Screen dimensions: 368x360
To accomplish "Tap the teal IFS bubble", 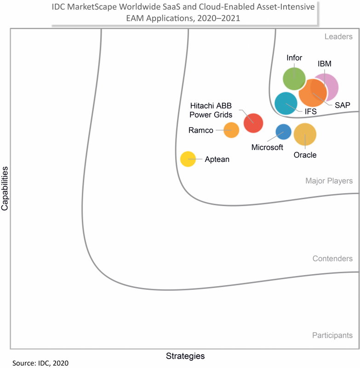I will click(x=286, y=103).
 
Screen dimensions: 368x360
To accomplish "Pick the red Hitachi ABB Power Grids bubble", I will click(x=253, y=123).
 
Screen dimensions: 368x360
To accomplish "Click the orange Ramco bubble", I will click(x=231, y=130).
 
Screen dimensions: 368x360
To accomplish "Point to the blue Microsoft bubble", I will click(x=283, y=132).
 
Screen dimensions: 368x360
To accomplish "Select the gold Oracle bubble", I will click(x=305, y=134).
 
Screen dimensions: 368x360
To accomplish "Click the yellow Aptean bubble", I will click(x=188, y=159).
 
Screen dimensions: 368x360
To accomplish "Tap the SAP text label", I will click(x=342, y=105).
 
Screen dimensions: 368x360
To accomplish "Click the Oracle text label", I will click(x=305, y=155).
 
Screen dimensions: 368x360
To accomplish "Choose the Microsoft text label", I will click(x=267, y=147).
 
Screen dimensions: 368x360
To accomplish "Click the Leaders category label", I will click(x=338, y=37).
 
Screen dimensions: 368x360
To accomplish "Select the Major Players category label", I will click(x=329, y=181).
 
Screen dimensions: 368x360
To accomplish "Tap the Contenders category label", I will click(x=332, y=259).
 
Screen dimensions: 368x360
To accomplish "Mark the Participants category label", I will click(x=332, y=335).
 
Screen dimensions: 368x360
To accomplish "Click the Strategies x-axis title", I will click(x=185, y=356).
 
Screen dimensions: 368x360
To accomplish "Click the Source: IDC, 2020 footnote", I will click(x=40, y=363).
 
